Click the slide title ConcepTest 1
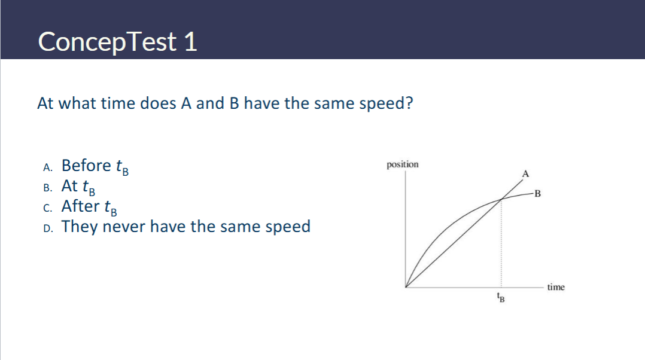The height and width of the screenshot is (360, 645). tap(118, 42)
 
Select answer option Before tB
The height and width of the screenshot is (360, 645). tap(95, 166)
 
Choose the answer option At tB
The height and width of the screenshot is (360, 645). tap(78, 187)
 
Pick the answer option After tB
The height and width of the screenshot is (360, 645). tap(89, 207)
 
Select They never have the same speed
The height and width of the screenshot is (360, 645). tap(186, 227)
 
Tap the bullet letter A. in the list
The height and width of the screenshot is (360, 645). tap(48, 167)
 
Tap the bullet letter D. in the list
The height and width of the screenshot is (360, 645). tap(48, 229)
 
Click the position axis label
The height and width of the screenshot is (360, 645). tap(402, 164)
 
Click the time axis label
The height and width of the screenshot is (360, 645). tap(556, 287)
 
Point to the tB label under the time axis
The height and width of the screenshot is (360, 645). tap(501, 297)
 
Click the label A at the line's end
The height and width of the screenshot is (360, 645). tap(525, 174)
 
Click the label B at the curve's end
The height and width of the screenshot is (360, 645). tap(537, 194)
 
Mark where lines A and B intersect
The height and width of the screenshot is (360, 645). tap(501, 200)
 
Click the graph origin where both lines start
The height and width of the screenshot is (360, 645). tap(406, 287)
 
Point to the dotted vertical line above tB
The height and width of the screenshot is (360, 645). tap(501, 243)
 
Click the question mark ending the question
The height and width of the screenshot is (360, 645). tap(409, 103)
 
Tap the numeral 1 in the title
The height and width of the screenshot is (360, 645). tap(190, 42)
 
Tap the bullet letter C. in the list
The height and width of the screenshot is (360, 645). tap(48, 208)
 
